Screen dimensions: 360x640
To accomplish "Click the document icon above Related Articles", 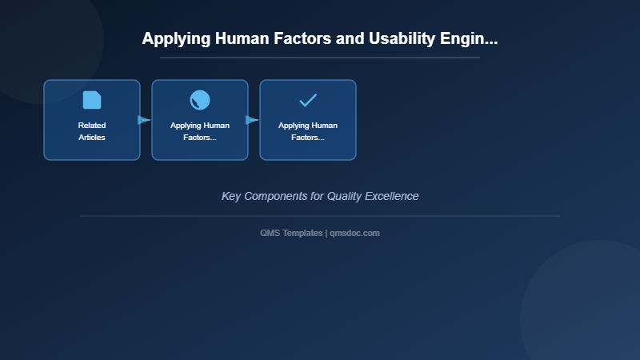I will [92, 100].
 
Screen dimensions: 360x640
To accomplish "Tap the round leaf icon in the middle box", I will [200, 100].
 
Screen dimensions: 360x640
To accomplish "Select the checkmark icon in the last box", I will [308, 100].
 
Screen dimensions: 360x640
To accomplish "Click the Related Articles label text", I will [92, 131].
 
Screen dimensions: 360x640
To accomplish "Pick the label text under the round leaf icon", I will [200, 131].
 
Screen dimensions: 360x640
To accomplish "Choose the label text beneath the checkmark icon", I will [308, 131].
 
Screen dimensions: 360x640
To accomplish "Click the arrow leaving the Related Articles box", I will [144, 120].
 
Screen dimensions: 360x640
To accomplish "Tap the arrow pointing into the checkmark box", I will [252, 120].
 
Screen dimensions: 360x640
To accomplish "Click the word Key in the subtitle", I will [231, 196].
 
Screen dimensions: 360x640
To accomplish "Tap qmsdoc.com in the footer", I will [354, 233].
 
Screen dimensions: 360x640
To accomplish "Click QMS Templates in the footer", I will [291, 233].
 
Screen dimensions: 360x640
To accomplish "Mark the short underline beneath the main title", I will [320, 58].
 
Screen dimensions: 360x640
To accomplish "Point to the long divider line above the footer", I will [320, 216].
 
